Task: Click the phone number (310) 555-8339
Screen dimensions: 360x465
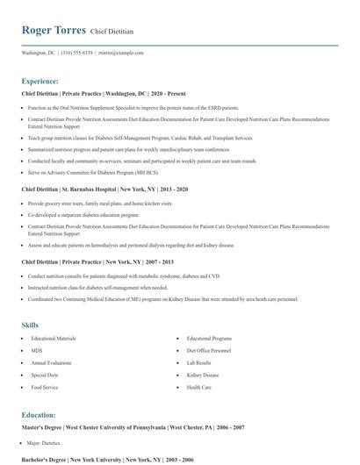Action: pos(76,53)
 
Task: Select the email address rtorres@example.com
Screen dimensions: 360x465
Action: pos(121,53)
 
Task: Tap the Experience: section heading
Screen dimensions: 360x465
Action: pos(40,80)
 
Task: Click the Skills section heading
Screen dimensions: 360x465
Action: pos(31,325)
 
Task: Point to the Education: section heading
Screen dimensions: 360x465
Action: pos(39,414)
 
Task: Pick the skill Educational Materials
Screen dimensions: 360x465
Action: pos(54,338)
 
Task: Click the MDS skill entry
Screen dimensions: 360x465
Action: pos(37,350)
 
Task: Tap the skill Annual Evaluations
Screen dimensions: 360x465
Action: pos(52,362)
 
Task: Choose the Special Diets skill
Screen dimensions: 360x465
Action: pos(44,375)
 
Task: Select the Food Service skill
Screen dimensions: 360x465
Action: pos(44,387)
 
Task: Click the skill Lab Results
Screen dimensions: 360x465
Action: pos(198,362)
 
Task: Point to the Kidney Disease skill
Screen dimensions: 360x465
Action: pos(202,375)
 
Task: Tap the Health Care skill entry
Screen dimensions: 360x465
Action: pos(198,387)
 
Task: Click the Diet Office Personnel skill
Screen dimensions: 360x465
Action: pos(209,350)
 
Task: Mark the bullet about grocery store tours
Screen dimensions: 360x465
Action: pos(100,203)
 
